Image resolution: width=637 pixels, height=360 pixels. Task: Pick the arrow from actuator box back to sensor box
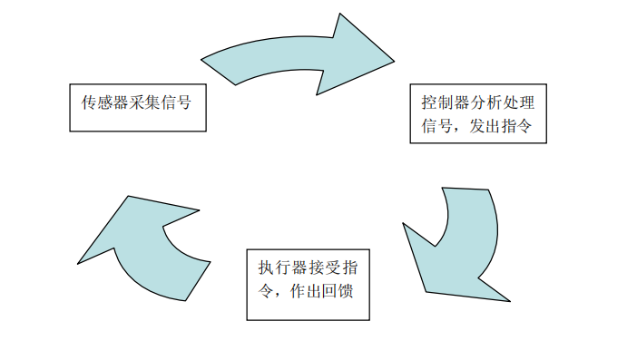point(145,245)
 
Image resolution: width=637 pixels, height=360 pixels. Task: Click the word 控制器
point(441,100)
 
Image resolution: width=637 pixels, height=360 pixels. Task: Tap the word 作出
point(308,293)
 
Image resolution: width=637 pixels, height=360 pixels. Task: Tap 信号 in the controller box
point(436,127)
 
